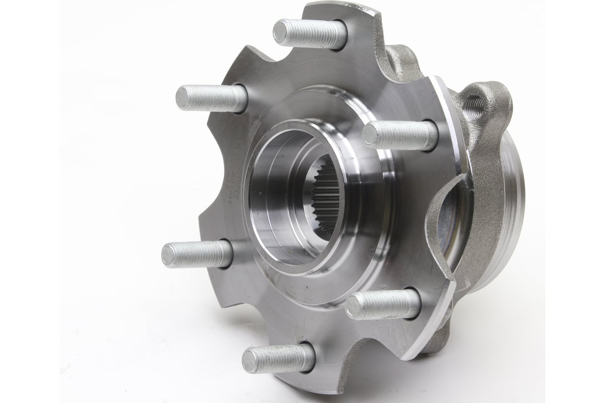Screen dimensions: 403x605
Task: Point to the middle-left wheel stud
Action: pyautogui.click(x=197, y=254)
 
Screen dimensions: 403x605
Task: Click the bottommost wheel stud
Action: pyautogui.click(x=277, y=359)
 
